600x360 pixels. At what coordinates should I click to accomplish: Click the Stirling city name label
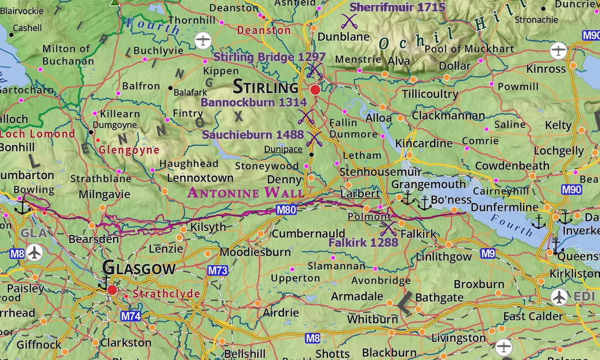tap(265, 86)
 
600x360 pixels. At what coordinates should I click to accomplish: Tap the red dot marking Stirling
tap(315, 90)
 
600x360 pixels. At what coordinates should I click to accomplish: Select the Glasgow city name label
tap(139, 268)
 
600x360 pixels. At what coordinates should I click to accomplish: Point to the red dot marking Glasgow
tap(112, 290)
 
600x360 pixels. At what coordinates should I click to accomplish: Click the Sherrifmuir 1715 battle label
tap(397, 7)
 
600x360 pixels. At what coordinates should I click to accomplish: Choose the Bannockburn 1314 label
tap(254, 102)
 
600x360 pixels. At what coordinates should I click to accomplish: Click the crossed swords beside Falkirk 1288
tap(388, 228)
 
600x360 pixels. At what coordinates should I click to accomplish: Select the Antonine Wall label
tap(245, 193)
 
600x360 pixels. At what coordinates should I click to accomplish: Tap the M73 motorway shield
tap(217, 271)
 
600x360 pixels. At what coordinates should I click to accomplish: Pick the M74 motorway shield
tap(131, 316)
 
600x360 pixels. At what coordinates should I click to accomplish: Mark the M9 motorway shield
tap(488, 254)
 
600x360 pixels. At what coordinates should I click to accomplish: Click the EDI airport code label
tap(584, 296)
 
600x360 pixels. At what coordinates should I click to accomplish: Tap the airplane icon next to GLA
tap(35, 253)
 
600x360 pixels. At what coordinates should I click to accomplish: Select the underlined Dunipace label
tap(283, 149)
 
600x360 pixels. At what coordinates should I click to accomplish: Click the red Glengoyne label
tap(129, 150)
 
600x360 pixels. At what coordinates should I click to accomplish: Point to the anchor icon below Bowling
tap(23, 206)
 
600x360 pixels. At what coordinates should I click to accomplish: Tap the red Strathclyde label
tap(166, 294)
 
